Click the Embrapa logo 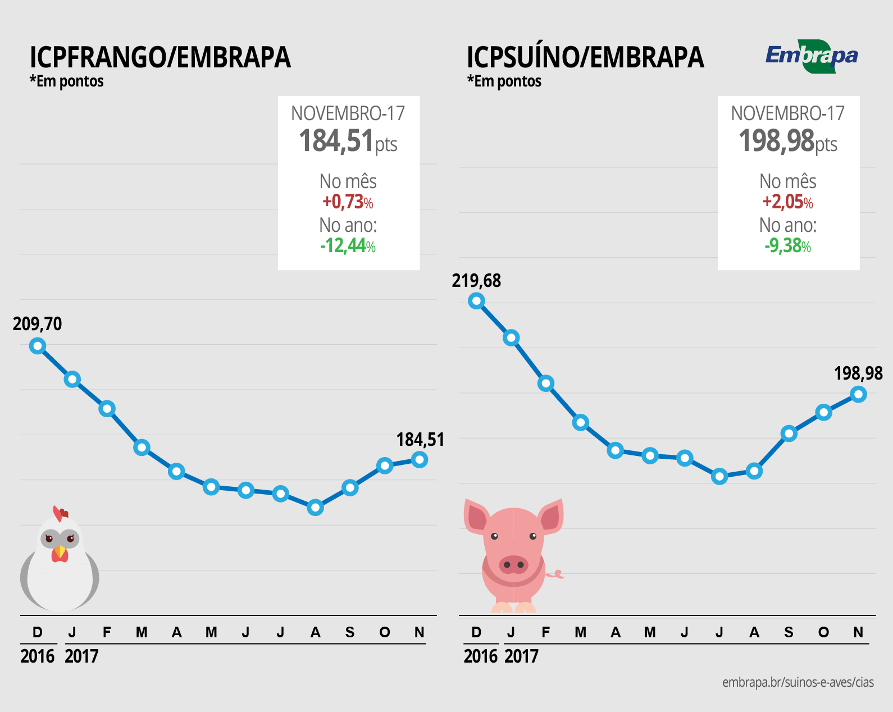coord(812,56)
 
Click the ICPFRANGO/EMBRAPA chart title coord(160,57)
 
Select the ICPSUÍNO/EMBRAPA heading coord(585,57)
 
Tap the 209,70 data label coord(37,324)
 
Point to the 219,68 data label coord(476,281)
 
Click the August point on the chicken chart coord(316,508)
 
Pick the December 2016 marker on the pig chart coord(476,301)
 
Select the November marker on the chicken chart coord(420,460)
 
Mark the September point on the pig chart coord(789,433)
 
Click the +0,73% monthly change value coord(348,202)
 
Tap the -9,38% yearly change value coord(787,245)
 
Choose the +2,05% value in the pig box coord(787,202)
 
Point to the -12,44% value coord(348,245)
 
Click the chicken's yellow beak coord(60,551)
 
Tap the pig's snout coord(513,564)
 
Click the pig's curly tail coord(557,574)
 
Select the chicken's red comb coord(60,513)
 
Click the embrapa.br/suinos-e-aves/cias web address coord(798,682)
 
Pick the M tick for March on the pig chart coord(581,633)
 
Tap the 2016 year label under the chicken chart coord(37,656)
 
